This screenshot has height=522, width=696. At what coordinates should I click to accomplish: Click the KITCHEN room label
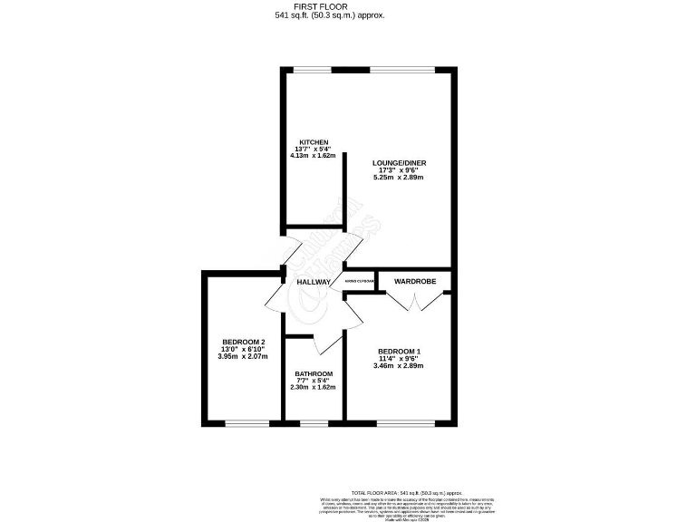313,142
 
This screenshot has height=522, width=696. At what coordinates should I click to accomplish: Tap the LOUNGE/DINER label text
400,163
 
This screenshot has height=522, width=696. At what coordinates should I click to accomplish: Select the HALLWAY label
314,282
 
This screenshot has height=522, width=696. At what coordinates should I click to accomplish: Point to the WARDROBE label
415,282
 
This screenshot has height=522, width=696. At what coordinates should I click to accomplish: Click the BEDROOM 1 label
400,352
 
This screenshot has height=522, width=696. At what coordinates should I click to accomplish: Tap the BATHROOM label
314,374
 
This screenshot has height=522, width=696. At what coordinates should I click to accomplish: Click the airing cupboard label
360,282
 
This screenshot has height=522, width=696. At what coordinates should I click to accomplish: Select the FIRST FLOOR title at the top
347,6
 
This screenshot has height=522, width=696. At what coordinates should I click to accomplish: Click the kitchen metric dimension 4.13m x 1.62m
313,156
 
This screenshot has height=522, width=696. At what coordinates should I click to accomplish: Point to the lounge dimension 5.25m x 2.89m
400,177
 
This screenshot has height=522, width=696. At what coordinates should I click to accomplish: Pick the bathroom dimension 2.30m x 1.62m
314,388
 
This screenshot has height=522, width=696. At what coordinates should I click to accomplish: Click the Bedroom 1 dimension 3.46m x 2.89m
400,366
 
